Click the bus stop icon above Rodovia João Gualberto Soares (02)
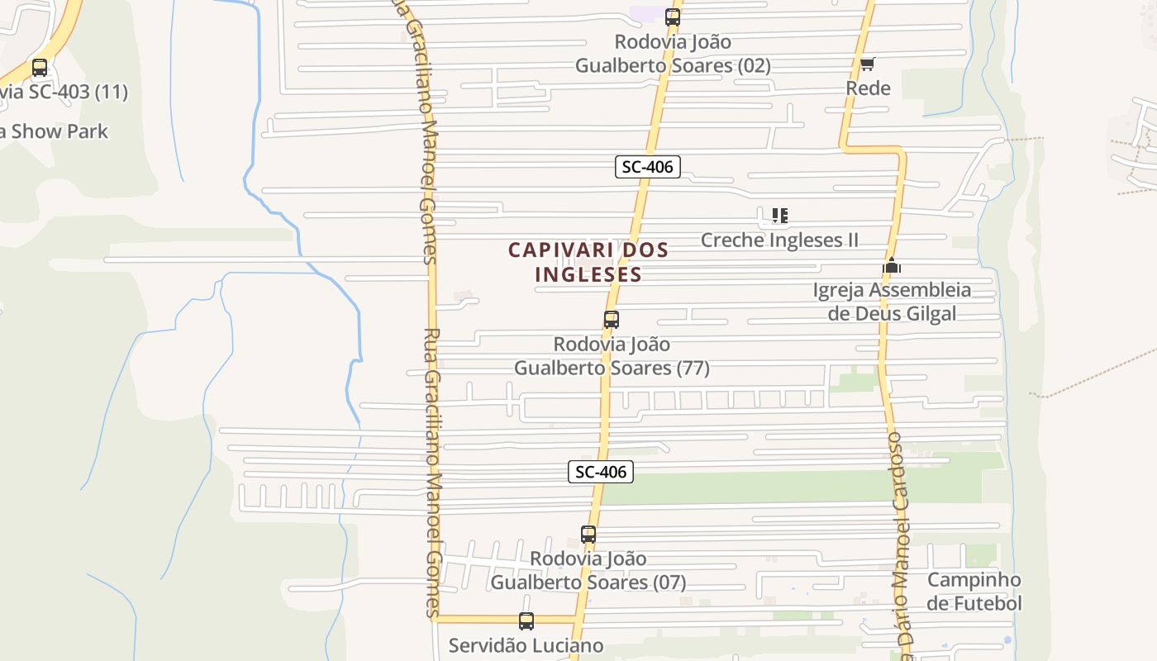pos(673,17)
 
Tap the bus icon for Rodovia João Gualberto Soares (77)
pos(612,319)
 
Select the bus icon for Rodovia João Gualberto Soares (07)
pos(588,535)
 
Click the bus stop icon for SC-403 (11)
pos(40,68)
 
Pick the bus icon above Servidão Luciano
pos(526,621)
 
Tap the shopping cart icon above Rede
pos(867,64)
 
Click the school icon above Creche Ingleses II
pos(779,216)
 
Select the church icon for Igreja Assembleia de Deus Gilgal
pos(891,266)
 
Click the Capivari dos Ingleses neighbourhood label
pos(588,262)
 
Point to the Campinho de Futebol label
pos(974,592)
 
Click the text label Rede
pos(868,88)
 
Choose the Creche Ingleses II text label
pos(779,240)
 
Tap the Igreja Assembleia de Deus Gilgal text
pos(893,302)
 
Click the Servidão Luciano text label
pos(526,645)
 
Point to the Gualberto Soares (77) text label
pos(612,368)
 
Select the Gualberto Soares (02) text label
pos(673,65)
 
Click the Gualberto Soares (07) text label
pos(588,583)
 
